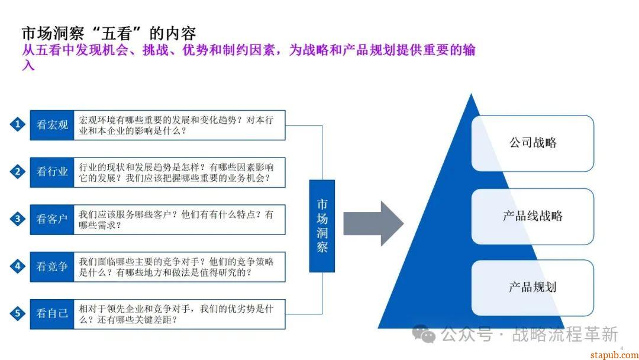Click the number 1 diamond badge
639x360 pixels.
pos(18,124)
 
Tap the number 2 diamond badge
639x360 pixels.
pos(18,172)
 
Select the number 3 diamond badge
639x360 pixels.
pos(18,219)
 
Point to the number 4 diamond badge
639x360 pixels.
pos(18,266)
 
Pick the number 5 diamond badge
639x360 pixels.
pos(18,313)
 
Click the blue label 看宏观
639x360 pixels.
pos(52,125)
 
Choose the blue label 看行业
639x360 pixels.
pos(52,172)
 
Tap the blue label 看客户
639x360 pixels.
pos(52,220)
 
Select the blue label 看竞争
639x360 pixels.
pos(52,266)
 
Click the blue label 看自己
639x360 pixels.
pos(52,314)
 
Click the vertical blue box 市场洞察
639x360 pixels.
pos(322,226)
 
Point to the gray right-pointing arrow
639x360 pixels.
pos(373,223)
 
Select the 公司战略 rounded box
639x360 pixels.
pos(532,143)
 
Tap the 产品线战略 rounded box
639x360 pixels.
pos(532,216)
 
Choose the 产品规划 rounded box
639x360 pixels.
pos(532,288)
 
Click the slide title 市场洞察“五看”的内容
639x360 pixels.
pos(109,33)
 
